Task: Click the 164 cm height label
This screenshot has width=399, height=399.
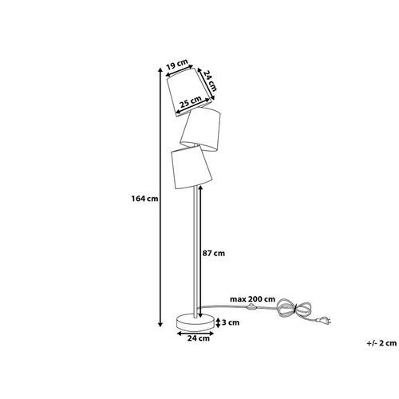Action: (x=144, y=199)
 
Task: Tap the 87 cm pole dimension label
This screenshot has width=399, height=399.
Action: (x=214, y=253)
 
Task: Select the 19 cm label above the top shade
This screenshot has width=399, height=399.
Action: (x=176, y=64)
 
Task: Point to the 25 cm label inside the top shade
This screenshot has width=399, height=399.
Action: (x=190, y=101)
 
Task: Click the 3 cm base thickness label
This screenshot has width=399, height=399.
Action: (x=231, y=322)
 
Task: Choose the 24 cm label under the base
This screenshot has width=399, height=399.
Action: (x=199, y=338)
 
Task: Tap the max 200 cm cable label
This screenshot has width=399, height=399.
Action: (x=252, y=299)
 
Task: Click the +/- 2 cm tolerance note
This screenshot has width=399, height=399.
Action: (x=381, y=343)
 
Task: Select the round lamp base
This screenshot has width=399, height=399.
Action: (x=196, y=322)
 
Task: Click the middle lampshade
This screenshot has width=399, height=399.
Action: (x=201, y=129)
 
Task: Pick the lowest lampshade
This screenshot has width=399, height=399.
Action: (x=191, y=168)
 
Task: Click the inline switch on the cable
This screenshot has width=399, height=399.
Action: (x=251, y=306)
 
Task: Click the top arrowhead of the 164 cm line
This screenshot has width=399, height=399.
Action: (x=160, y=69)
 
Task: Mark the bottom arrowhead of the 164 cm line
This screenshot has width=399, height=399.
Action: (x=160, y=324)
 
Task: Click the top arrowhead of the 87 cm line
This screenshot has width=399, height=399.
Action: (x=200, y=188)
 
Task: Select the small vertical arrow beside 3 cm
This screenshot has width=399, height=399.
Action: (x=218, y=322)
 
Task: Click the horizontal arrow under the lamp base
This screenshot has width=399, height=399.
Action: (x=196, y=333)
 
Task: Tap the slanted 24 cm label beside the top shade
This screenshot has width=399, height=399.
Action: (x=209, y=81)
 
